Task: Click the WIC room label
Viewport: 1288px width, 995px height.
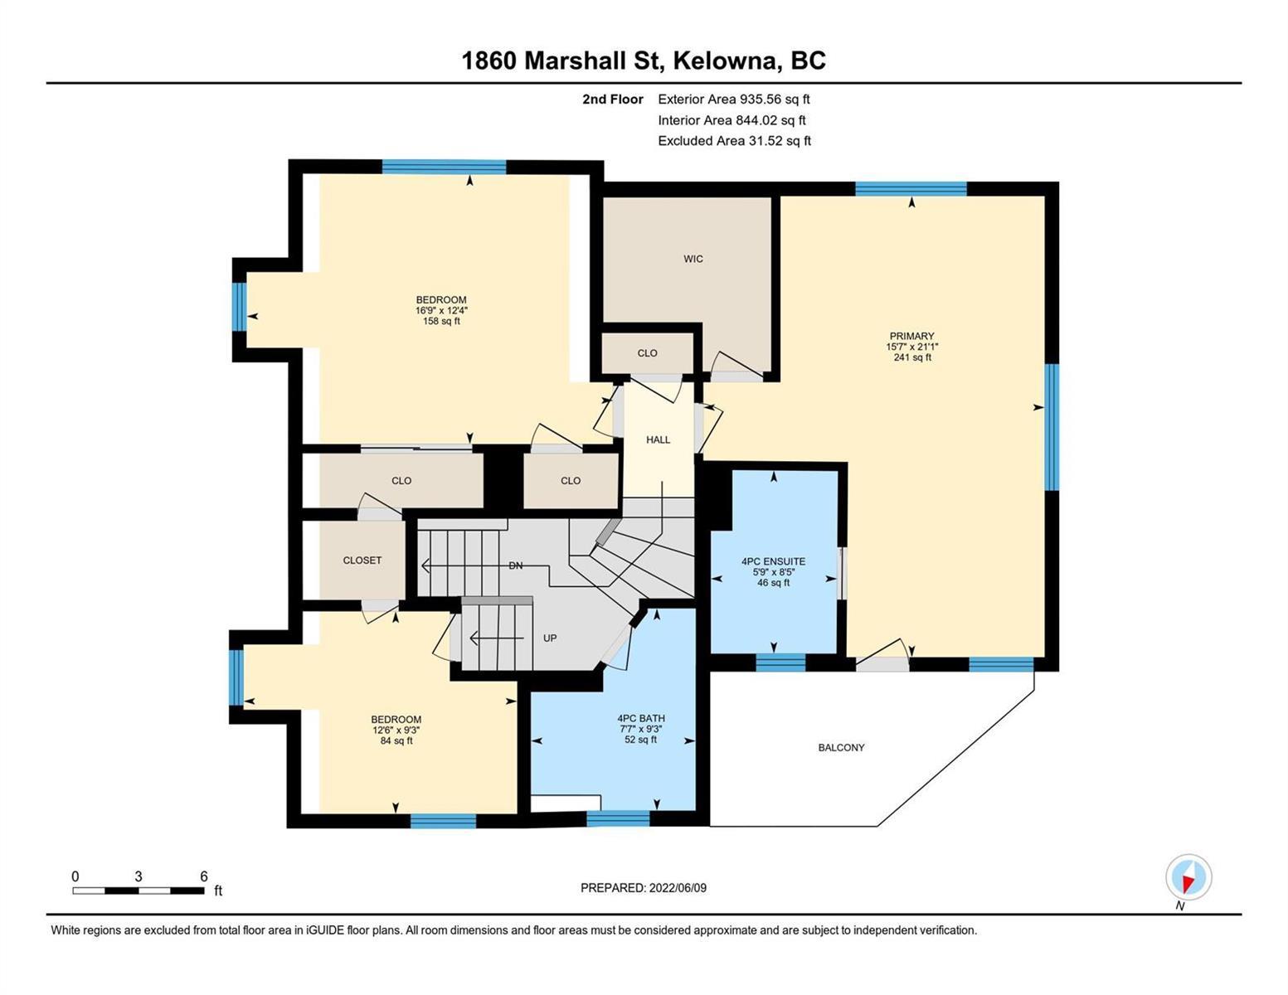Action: point(693,259)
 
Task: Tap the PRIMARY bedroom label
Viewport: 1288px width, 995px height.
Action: point(911,336)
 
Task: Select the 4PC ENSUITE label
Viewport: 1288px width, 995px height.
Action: point(774,561)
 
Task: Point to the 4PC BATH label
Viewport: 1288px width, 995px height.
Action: point(641,718)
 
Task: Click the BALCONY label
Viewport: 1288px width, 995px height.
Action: point(841,748)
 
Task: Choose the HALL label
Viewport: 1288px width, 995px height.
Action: point(658,439)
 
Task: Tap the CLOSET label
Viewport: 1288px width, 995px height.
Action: point(362,560)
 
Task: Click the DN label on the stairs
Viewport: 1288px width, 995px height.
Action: point(516,566)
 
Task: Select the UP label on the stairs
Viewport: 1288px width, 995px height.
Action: point(550,638)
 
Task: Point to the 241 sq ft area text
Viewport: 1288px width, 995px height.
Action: point(912,357)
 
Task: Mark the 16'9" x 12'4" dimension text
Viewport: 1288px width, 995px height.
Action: point(441,311)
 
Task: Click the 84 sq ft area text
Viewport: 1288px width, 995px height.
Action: point(396,740)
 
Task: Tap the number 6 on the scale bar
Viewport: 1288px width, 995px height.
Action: point(204,876)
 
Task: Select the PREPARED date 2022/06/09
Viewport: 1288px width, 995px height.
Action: point(678,888)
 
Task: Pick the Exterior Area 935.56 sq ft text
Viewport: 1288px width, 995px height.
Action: point(734,99)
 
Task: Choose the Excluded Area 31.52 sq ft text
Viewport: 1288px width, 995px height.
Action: point(734,141)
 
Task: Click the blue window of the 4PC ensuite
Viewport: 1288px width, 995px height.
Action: point(780,663)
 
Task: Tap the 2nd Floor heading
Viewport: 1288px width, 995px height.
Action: point(612,99)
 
